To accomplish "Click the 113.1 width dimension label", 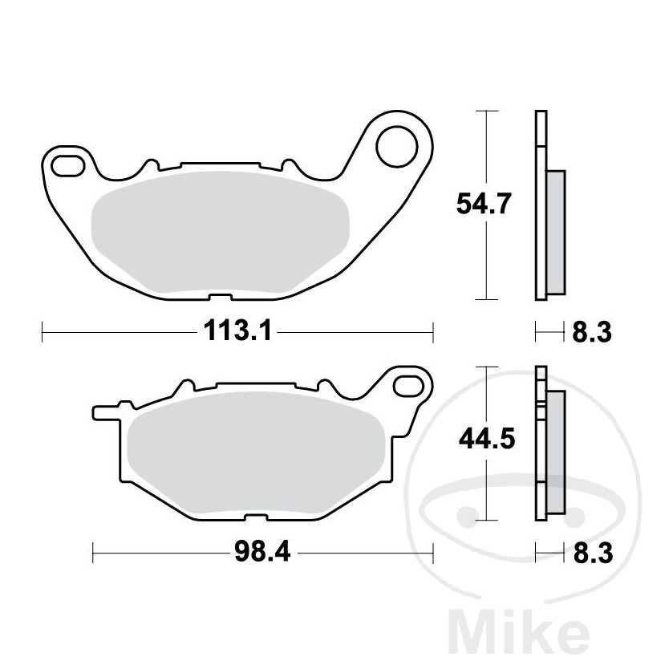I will point(237,330).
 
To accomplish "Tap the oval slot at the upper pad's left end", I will point(67,167).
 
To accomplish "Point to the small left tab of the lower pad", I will point(103,413).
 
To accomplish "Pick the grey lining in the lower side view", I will point(555,449).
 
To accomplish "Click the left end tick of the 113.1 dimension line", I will point(42,330).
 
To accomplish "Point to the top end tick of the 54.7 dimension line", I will point(485,110).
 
